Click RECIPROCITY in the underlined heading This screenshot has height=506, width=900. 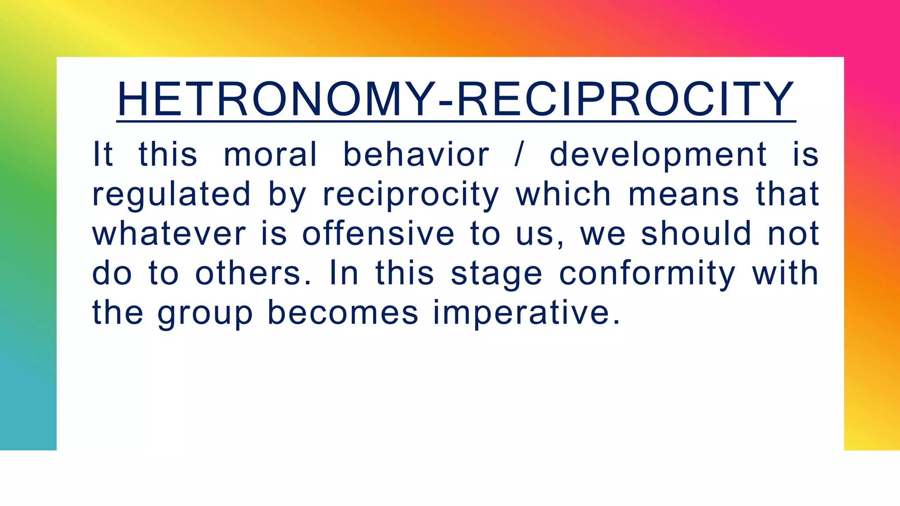coord(625,100)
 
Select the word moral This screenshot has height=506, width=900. coord(270,155)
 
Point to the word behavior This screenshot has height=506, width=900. coord(416,155)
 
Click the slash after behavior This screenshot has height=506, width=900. coord(519,155)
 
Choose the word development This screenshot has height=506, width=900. coord(658,155)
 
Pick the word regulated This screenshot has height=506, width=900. coord(171,194)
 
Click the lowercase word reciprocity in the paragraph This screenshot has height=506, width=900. coord(411,194)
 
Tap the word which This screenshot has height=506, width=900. coord(563,194)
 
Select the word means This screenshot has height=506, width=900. coord(684,194)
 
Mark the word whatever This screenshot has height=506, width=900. coord(169,234)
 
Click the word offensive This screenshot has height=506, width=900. coord(378,234)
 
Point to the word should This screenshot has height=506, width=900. coord(696,234)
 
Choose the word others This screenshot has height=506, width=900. coord(253,273)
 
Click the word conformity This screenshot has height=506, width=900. coord(647,273)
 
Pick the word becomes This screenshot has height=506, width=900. coord(343,313)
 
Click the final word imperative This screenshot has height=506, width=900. coord(526,313)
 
